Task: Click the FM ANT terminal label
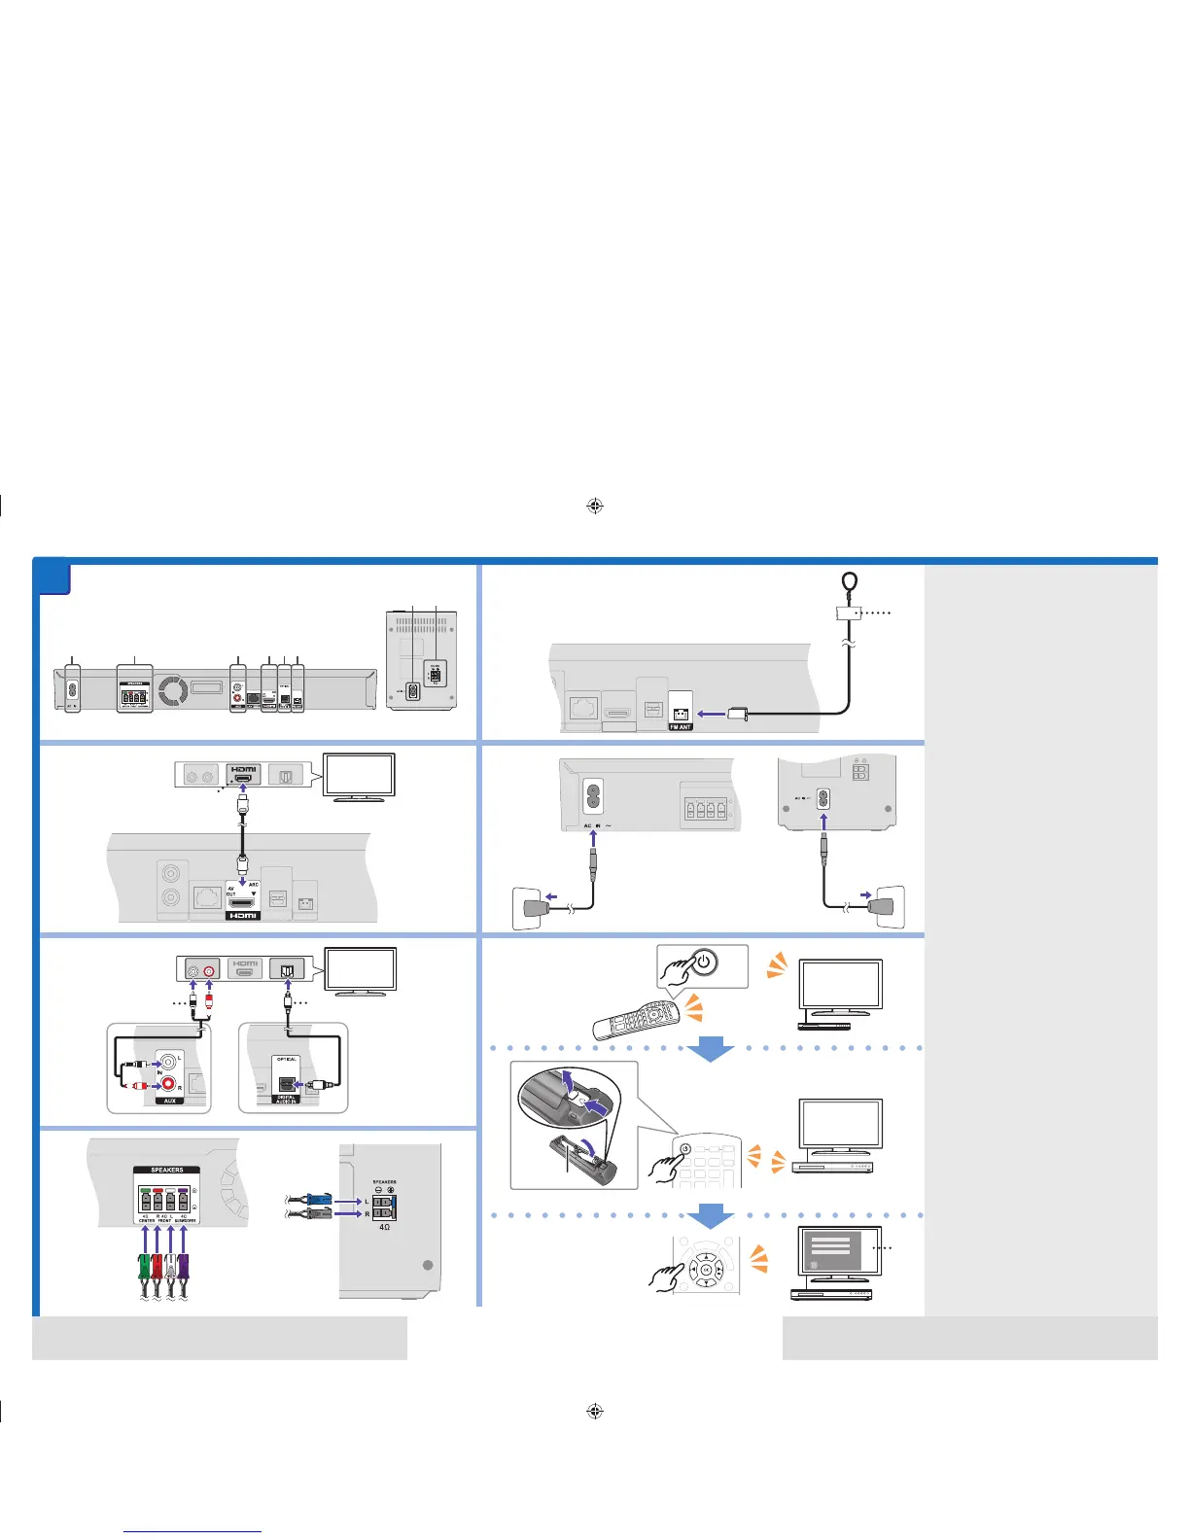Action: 681,727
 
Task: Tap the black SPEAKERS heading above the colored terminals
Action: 167,1170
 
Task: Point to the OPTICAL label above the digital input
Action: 287,1059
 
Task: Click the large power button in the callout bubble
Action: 706,962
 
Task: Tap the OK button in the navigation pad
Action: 706,1269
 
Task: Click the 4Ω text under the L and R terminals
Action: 385,1227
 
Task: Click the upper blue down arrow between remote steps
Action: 711,1048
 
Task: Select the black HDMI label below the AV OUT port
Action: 243,916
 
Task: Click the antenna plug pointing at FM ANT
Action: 737,714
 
